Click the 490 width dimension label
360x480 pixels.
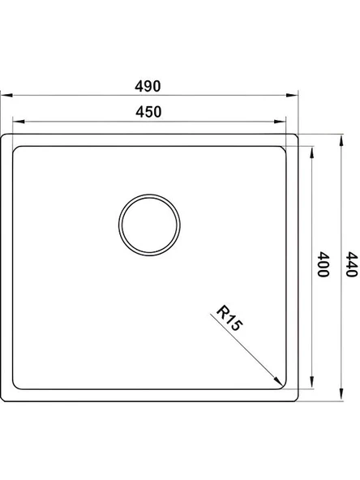point(148,86)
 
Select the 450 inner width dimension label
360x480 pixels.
point(148,112)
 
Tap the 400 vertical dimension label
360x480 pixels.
point(323,264)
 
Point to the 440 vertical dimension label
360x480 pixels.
point(351,264)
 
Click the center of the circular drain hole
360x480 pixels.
point(149,225)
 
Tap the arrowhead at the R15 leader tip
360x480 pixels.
point(278,382)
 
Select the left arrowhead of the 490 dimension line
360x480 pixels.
point(6,95)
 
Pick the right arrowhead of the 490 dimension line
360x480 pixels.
point(292,95)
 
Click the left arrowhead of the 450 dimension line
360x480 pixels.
point(19,122)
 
